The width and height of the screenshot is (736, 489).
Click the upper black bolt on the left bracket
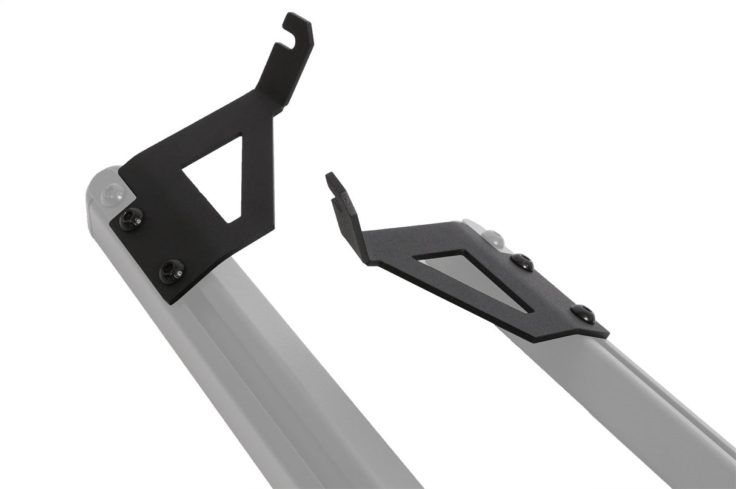pos(132,219)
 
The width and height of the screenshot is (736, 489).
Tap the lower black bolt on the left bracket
pos(172,271)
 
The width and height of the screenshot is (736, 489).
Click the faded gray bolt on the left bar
pos(112,194)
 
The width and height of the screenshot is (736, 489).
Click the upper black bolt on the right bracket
pos(522,262)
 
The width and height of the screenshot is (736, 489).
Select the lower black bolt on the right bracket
pos(583,313)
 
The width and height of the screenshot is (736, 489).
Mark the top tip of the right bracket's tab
pos(330,176)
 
